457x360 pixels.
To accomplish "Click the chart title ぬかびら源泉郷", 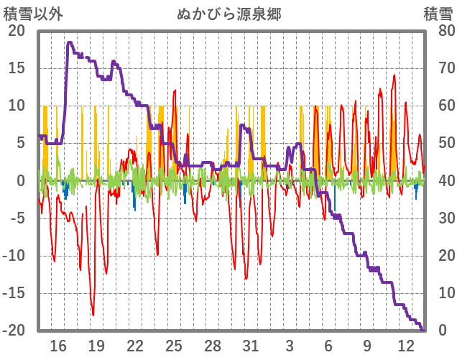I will (228, 14).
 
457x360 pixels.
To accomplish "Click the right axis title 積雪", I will (438, 14).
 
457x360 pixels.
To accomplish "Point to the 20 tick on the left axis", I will (17, 31).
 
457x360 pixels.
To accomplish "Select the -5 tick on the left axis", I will (17, 218).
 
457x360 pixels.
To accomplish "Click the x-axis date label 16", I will (58, 346).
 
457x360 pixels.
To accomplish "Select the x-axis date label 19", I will (96, 346).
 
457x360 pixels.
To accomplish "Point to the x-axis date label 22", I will (135, 346).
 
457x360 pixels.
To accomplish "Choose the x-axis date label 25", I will (174, 346).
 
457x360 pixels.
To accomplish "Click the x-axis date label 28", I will (213, 346).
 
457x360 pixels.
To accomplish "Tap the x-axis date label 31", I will (251, 346).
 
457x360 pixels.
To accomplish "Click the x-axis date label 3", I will (290, 346).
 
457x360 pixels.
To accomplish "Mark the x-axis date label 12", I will (405, 346).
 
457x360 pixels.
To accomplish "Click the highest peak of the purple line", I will (70, 42).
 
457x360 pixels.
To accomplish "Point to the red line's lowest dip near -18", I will (93, 315).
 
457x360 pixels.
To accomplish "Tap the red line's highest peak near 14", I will (394, 75).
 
